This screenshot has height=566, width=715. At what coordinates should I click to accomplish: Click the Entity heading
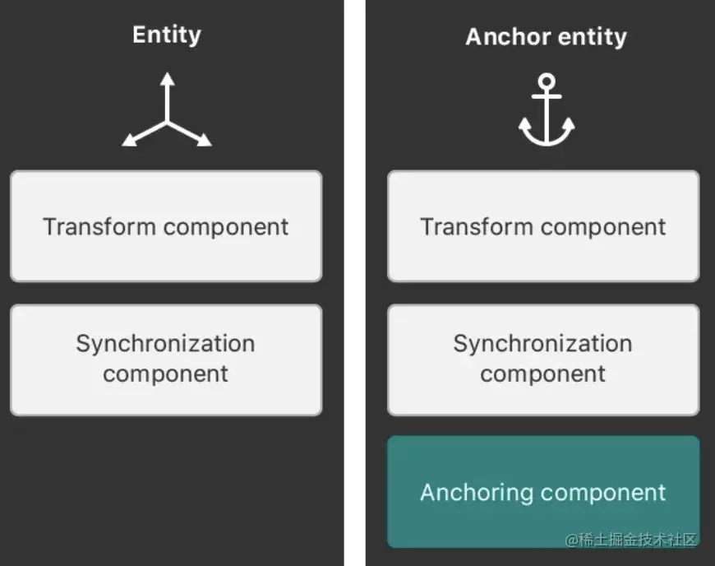click(x=167, y=35)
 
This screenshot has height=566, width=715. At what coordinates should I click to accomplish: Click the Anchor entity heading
click(x=546, y=37)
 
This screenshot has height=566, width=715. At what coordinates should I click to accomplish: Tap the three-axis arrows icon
click(x=167, y=109)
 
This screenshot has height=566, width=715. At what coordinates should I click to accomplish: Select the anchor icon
click(x=547, y=109)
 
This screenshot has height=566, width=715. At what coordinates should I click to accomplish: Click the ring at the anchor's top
click(x=547, y=81)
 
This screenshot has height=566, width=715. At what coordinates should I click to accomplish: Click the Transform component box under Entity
click(x=166, y=226)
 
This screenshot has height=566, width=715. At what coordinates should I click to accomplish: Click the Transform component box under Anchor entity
click(x=543, y=226)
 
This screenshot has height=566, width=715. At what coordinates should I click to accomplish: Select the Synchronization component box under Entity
click(x=166, y=360)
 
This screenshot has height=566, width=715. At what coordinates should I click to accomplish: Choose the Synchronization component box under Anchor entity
click(x=543, y=360)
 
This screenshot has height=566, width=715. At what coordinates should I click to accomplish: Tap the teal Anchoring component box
click(x=543, y=492)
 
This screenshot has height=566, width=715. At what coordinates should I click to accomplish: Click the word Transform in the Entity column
click(x=99, y=226)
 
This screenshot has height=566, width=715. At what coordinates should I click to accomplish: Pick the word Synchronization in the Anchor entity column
click(x=542, y=344)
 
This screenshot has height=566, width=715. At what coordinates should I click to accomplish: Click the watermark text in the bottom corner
click(x=630, y=540)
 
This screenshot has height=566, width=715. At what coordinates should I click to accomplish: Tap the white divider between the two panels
click(x=355, y=283)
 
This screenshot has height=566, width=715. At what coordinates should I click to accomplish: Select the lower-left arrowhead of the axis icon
click(x=130, y=140)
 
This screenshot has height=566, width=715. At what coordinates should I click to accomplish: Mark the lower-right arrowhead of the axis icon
click(x=205, y=140)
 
